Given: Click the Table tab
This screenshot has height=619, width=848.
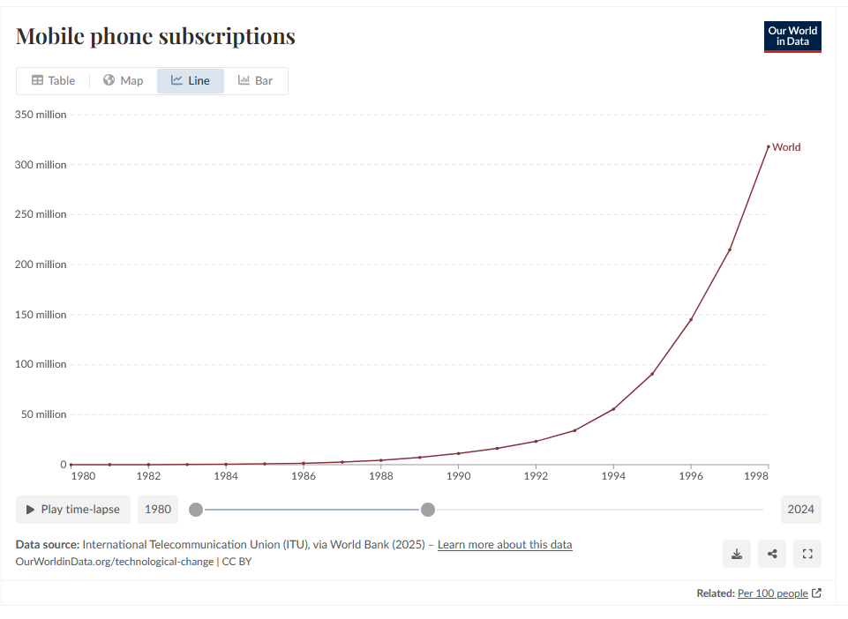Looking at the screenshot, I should (x=54, y=80).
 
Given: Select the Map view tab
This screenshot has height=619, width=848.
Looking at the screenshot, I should (x=123, y=80).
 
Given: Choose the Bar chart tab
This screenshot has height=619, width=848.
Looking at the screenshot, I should (x=255, y=80).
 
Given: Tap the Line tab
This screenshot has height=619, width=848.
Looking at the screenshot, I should (x=191, y=80).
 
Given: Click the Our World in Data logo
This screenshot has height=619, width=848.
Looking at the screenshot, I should (x=792, y=37).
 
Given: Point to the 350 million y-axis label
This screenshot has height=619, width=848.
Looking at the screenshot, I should (x=41, y=115).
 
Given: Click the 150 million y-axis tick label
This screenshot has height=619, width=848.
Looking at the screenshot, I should (x=41, y=315).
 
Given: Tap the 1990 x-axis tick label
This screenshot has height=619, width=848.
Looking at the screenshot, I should (x=458, y=476).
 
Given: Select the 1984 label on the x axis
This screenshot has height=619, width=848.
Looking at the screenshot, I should (x=226, y=476).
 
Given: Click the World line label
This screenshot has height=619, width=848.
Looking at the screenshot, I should (x=786, y=147).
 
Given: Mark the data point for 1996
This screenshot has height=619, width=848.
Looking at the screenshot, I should (x=691, y=319).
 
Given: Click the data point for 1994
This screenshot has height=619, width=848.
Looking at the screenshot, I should (x=613, y=409).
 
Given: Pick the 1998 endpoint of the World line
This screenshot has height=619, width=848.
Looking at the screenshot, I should (x=768, y=146).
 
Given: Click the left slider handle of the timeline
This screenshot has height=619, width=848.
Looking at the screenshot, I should (x=196, y=510).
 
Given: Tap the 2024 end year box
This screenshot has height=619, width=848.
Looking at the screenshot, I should (x=800, y=510).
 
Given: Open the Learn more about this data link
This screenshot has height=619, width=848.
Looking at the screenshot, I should (x=505, y=545).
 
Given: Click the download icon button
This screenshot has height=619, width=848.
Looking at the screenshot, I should (x=737, y=554).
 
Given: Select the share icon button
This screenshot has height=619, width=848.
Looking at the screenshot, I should (x=772, y=554).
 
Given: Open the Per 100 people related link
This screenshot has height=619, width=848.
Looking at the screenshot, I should (x=772, y=593).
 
